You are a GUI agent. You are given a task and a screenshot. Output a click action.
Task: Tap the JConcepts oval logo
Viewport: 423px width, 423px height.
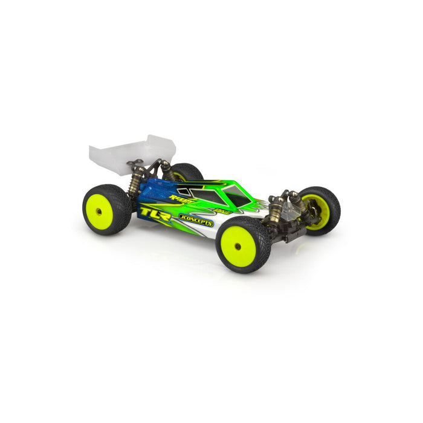point(195,221)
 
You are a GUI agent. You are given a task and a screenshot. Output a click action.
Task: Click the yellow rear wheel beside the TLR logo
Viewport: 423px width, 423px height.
point(106,210)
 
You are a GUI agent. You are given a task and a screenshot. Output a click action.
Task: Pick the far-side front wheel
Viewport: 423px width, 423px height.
point(318,211)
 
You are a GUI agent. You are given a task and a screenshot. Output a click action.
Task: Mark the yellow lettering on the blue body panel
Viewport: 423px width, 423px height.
point(181,197)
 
